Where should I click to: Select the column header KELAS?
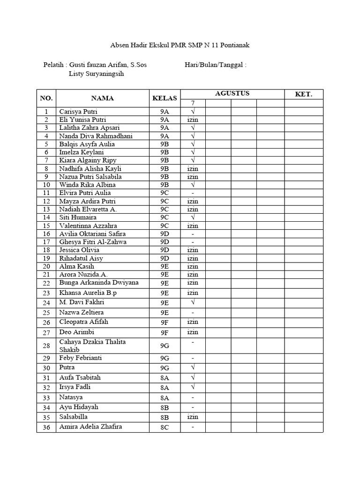click(x=165, y=98)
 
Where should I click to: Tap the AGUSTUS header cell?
click(x=232, y=93)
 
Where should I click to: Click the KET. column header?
click(x=303, y=94)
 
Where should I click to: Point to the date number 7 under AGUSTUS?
click(x=192, y=103)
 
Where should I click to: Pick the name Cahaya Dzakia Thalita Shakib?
click(x=92, y=346)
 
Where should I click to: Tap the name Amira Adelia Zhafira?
click(x=90, y=427)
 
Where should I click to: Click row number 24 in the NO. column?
click(x=46, y=303)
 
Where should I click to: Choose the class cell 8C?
click(x=165, y=427)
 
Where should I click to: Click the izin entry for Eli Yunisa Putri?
click(x=193, y=120)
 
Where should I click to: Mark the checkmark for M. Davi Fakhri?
click(x=193, y=302)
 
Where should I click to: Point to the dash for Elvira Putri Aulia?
click(x=193, y=193)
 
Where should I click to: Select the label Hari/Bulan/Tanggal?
click(x=216, y=65)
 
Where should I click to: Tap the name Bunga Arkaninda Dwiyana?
click(x=99, y=283)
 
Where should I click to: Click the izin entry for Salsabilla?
click(x=193, y=417)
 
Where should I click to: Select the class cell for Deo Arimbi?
click(x=165, y=333)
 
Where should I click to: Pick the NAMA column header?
click(x=102, y=98)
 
